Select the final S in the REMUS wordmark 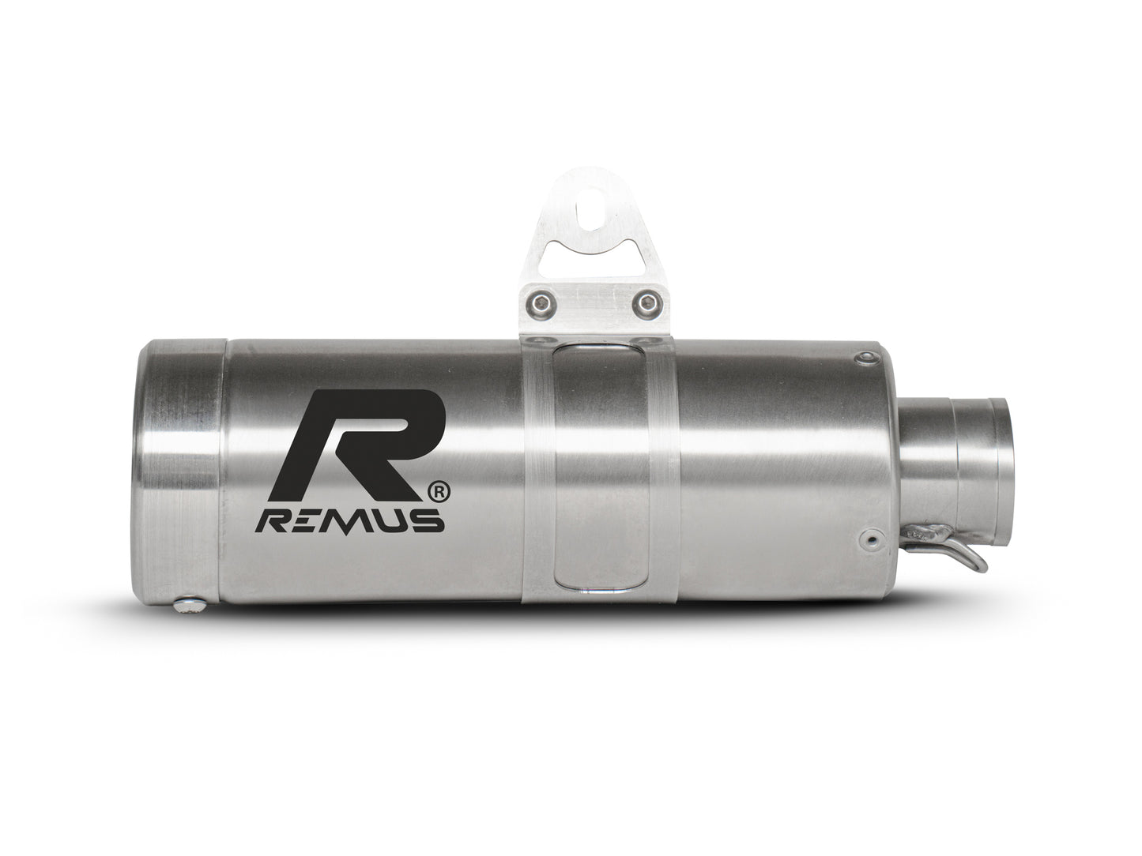click(428, 522)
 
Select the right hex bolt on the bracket click(648, 301)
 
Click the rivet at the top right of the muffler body click(867, 360)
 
